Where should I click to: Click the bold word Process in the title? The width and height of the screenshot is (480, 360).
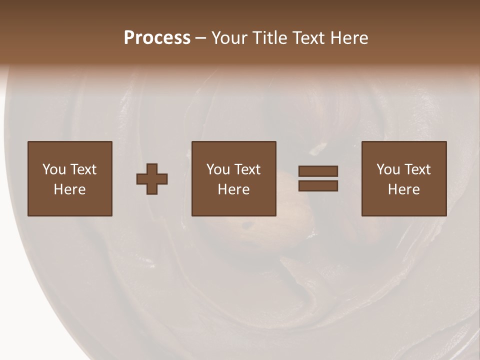tap(157, 38)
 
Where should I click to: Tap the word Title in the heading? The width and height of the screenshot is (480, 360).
tap(270, 38)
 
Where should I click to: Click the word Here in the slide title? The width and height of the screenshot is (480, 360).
tap(350, 38)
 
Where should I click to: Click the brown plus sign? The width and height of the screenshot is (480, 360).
tap(152, 179)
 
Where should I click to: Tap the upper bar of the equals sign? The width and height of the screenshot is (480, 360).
tap(318, 171)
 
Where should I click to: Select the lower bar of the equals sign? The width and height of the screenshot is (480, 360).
tap(318, 186)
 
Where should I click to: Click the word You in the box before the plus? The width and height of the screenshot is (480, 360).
tap(53, 169)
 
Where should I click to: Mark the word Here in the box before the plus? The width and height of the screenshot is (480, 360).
tap(70, 189)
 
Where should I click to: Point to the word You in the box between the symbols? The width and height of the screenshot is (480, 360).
tap(217, 169)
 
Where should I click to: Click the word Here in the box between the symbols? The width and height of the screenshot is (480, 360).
tap(234, 189)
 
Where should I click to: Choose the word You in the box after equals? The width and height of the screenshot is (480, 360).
tap(387, 169)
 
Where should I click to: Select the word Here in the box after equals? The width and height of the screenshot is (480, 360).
tap(404, 189)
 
